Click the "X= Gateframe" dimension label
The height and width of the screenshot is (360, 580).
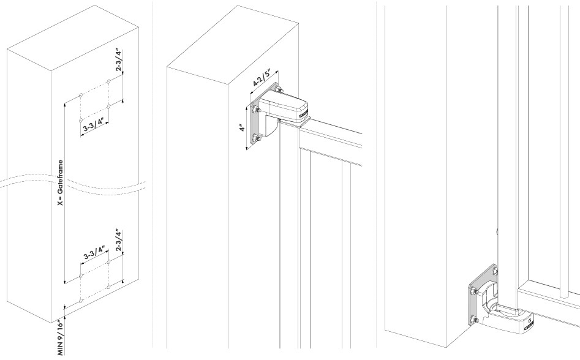click(61, 183)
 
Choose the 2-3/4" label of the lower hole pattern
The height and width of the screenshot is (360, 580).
click(119, 240)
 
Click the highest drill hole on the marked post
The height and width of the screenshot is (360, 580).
click(108, 81)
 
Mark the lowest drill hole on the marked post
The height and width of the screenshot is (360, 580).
click(81, 301)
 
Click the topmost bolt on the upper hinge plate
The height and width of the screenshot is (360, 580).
click(279, 89)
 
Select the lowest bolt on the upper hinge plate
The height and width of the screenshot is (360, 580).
click(256, 140)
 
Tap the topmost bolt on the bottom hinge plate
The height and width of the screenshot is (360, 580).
click(494, 272)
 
